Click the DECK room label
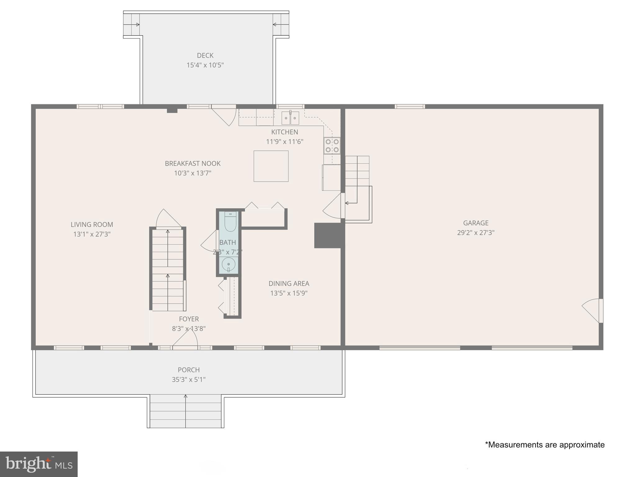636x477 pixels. coord(205,56)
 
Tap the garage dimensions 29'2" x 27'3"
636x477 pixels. coord(475,233)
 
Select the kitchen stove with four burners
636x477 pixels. coord(332,146)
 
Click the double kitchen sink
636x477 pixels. coord(290,118)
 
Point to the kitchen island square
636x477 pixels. coord(271,166)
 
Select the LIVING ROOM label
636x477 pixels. coord(92,225)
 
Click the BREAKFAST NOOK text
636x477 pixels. coord(193,163)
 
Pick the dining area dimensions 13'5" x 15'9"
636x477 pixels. coord(289,293)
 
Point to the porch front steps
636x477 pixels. coord(185,411)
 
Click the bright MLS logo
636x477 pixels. coord(39,464)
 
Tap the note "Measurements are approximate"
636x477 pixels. coord(545,445)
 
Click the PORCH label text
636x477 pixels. coord(189,370)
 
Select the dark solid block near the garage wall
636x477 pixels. coord(328,235)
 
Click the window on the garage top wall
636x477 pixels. coord(410,107)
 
